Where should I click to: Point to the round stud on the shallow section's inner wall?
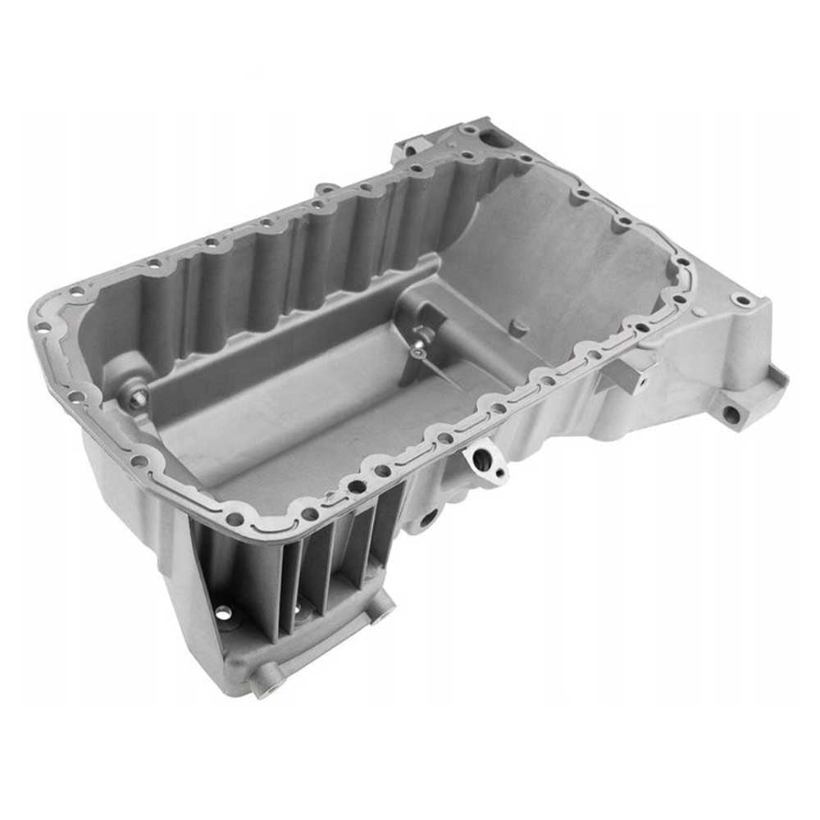[516, 326]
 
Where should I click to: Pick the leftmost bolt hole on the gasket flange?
[43, 326]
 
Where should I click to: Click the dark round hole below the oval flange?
[429, 517]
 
